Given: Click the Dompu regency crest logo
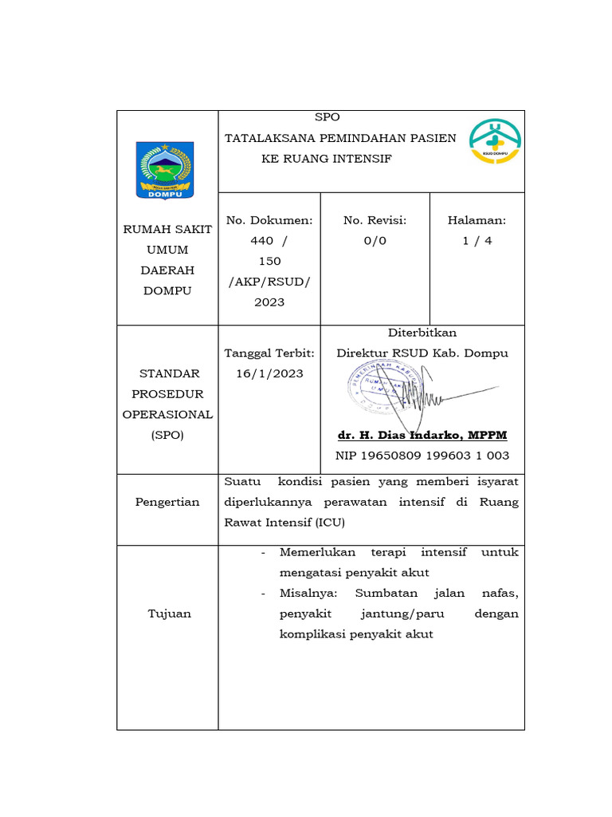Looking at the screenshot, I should [164, 169].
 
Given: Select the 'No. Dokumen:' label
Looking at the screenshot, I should [269, 220].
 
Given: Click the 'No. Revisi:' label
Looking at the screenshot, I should [375, 220].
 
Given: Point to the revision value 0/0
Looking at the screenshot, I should [375, 241].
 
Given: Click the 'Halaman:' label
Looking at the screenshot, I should [477, 220].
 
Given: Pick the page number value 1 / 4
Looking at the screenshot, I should [477, 241].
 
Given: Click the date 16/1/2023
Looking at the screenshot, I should [269, 373].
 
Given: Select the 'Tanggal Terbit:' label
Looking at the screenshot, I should [269, 353].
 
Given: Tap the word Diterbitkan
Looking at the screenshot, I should [422, 333].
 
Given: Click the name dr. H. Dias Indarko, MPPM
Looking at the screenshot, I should [422, 435].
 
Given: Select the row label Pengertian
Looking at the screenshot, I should [167, 502].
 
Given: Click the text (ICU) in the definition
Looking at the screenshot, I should [332, 523].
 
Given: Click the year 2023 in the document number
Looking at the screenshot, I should [269, 302].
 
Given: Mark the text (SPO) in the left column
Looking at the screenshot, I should [167, 435].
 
